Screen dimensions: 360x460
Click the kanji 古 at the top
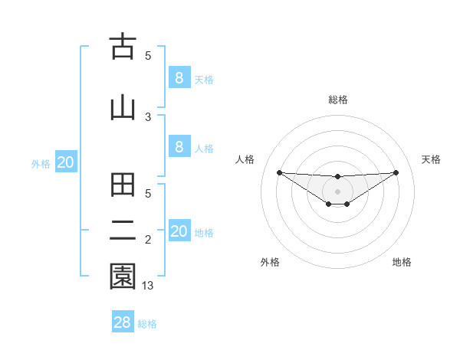click(123, 48)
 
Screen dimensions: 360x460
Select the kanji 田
click(123, 188)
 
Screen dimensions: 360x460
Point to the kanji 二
click(123, 231)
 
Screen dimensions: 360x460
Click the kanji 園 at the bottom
click(123, 277)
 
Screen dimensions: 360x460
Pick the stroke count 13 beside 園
click(149, 285)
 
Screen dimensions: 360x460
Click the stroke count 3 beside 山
click(148, 116)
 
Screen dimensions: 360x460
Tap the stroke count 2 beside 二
click(148, 241)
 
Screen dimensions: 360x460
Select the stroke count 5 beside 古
click(148, 55)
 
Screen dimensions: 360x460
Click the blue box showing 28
click(123, 322)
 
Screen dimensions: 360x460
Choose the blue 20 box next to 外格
click(66, 162)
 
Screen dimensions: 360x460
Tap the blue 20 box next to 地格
click(179, 231)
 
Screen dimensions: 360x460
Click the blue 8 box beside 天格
click(179, 78)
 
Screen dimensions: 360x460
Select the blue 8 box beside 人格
click(179, 147)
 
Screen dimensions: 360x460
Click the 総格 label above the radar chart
click(337, 100)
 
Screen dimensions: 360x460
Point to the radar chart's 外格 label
click(270, 262)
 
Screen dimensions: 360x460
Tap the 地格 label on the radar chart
click(402, 262)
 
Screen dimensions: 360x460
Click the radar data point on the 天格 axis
click(396, 172)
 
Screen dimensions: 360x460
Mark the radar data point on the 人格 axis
click(279, 172)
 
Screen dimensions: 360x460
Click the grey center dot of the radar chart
click(337, 191)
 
